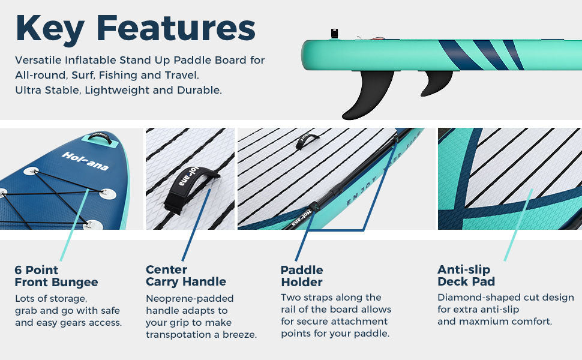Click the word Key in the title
coord(50,29)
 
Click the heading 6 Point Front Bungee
coord(56,276)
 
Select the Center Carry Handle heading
coord(186,275)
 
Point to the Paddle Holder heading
coord(302,276)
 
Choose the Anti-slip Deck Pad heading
coord(466,275)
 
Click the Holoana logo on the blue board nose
coord(85,161)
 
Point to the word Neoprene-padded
coord(190,299)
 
